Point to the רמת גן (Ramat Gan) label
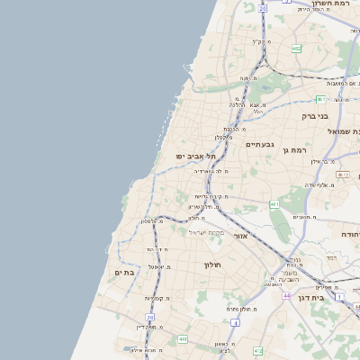pyautogui.click(x=295, y=150)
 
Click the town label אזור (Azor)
pyautogui.click(x=240, y=236)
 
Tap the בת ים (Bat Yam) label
pyautogui.click(x=123, y=271)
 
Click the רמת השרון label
pyautogui.click(x=329, y=4)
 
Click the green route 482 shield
pyautogui.click(x=296, y=48)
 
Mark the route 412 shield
pyautogui.click(x=257, y=349)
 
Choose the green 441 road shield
pyautogui.click(x=183, y=338)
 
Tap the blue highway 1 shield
pyautogui.click(x=339, y=295)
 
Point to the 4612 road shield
pyautogui.click(x=342, y=175)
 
